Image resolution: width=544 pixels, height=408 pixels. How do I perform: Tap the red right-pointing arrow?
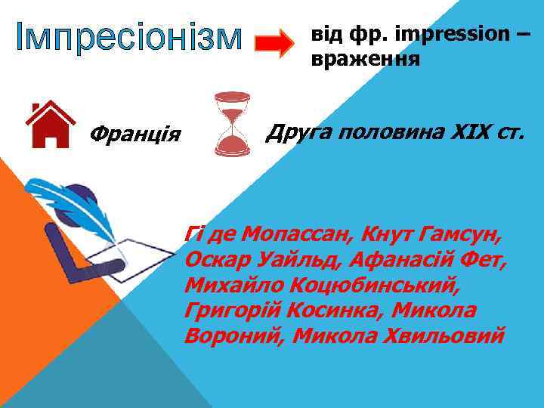[274, 44]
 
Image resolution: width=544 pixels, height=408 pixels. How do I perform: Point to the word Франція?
[134, 135]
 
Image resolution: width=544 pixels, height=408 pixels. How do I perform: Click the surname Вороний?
[233, 335]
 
